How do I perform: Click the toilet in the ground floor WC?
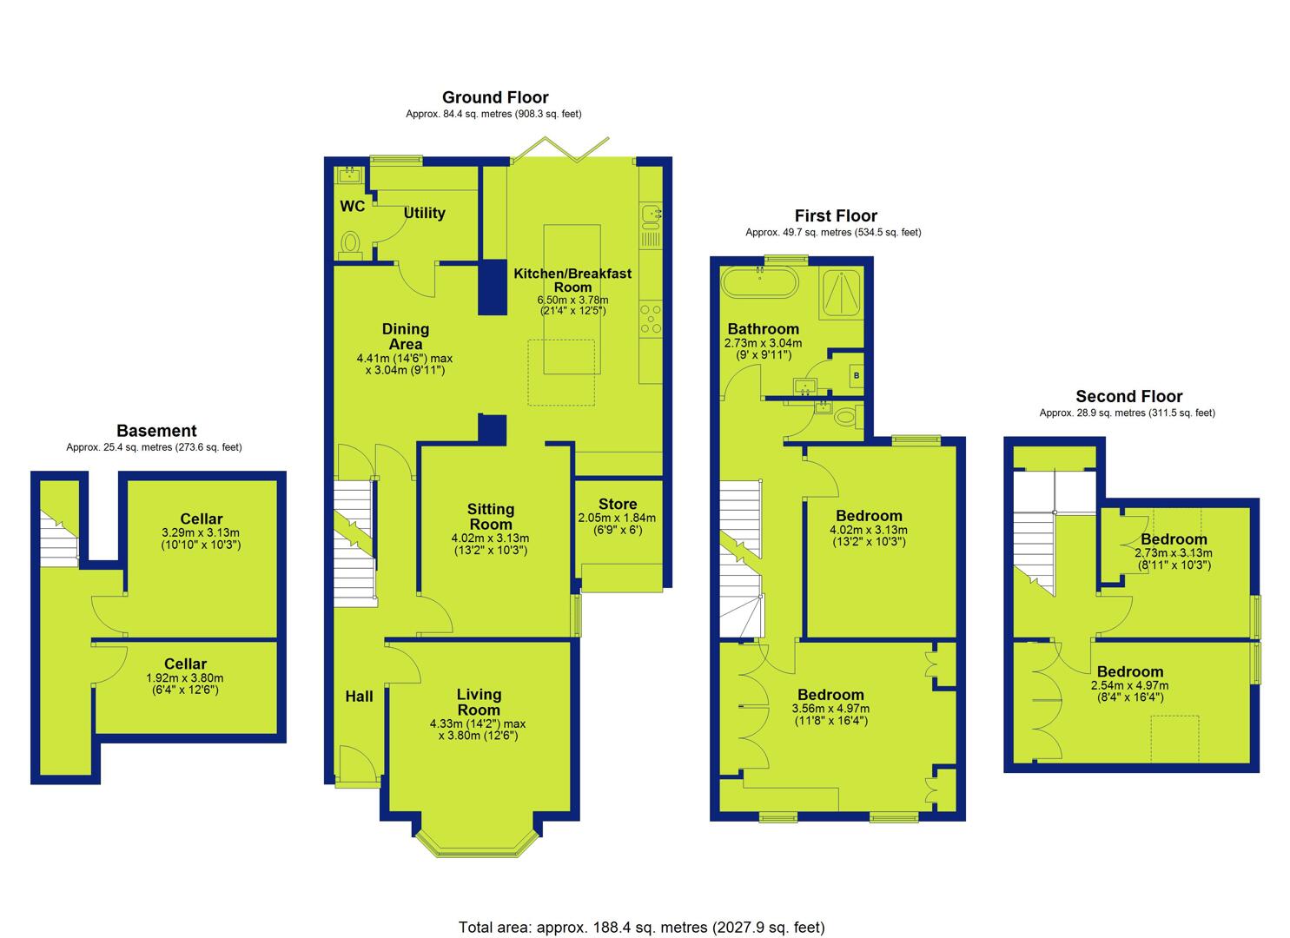349,244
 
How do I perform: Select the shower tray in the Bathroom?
842,293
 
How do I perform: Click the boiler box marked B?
856,376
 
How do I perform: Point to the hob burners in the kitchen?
651,319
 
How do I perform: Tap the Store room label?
618,505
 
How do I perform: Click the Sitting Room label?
490,517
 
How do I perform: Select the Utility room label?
425,213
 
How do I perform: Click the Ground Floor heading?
495,97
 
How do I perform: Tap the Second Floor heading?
1128,396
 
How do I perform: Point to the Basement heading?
156,431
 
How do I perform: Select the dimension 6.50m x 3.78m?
572,300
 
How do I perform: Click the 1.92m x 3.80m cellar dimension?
185,678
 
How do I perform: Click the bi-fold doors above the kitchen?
561,149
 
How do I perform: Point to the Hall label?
359,697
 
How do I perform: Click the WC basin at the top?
349,175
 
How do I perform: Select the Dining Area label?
406,336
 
